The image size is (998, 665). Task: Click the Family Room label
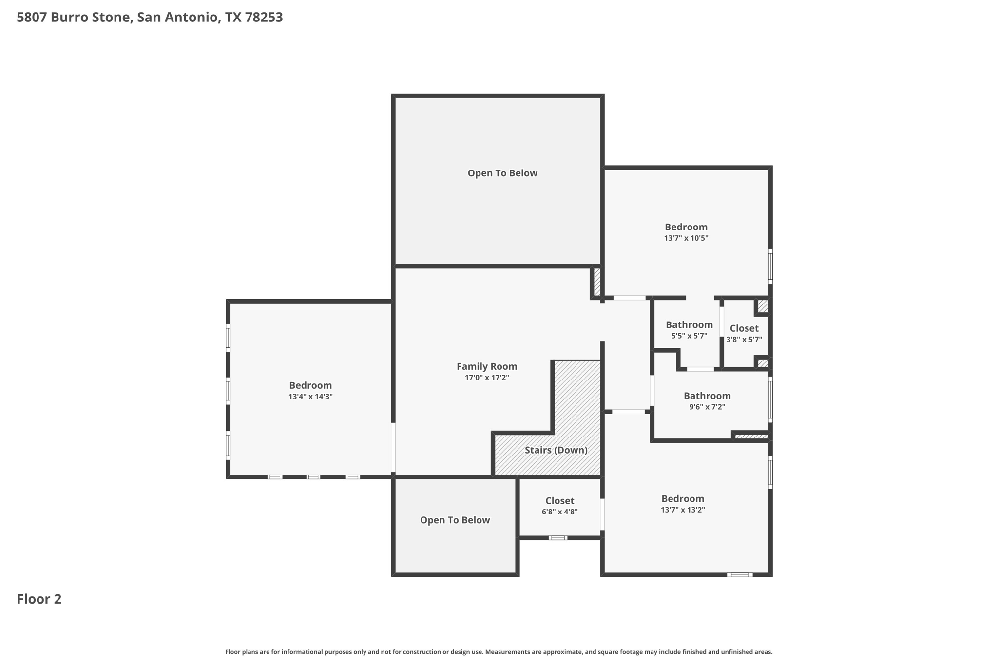click(x=486, y=366)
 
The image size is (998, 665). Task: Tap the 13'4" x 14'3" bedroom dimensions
click(x=310, y=397)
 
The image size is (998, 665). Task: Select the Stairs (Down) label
click(x=556, y=450)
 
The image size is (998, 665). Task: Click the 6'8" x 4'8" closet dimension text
click(x=559, y=512)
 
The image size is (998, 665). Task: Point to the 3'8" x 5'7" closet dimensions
click(x=744, y=340)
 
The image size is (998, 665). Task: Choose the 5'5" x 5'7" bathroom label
click(x=689, y=325)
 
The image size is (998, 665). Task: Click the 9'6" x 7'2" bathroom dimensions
click(x=707, y=407)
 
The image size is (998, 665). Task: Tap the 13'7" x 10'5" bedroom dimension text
click(x=686, y=238)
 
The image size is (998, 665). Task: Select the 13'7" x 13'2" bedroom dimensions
click(x=682, y=510)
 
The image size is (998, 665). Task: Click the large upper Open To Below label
click(x=502, y=173)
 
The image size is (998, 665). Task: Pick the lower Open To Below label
click(x=455, y=520)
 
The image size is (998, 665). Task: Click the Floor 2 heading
click(x=39, y=599)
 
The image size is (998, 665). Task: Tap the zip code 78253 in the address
click(x=264, y=18)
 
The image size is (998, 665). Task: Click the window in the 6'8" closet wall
click(x=558, y=538)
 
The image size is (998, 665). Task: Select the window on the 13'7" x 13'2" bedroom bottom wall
click(x=739, y=575)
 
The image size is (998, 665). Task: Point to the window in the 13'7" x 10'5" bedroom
click(x=770, y=266)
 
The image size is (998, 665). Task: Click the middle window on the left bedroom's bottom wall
click(x=313, y=477)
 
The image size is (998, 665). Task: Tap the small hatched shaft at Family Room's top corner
click(x=597, y=282)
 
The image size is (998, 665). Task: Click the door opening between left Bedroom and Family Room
click(x=393, y=447)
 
